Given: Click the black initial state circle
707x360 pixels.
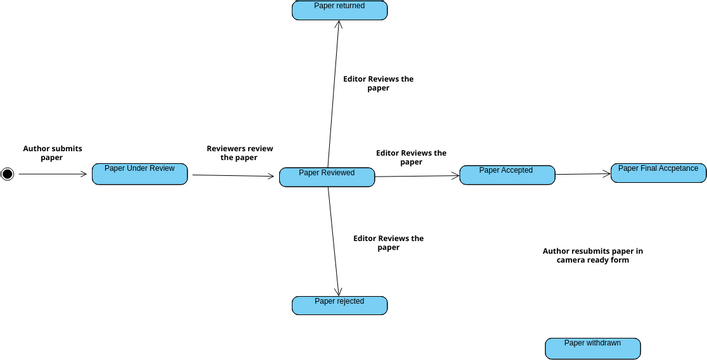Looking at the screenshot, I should click(8, 174).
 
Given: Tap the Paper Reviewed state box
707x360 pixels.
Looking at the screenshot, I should click(327, 177).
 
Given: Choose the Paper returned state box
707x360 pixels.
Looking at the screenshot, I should click(339, 10).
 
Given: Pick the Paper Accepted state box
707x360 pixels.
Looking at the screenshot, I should click(506, 175).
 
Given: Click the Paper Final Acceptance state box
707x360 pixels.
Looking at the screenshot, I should click(658, 173).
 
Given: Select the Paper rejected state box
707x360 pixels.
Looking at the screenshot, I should click(339, 305).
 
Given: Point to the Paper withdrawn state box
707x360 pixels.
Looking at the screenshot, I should click(592, 348).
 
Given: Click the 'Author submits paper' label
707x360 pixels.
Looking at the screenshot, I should click(52, 153).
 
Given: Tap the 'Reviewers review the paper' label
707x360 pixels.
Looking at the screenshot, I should click(239, 153).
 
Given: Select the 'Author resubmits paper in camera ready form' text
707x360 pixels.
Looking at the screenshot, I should click(592, 256).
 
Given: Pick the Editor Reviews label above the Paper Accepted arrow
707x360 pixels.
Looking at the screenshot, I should click(411, 157).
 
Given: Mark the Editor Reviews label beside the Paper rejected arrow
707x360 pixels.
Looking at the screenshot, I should click(388, 243).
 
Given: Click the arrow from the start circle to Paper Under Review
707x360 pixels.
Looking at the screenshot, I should click(52, 174).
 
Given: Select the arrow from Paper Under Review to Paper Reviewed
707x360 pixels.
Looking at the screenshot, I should click(233, 176).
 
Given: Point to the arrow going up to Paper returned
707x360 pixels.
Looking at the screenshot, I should click(334, 90).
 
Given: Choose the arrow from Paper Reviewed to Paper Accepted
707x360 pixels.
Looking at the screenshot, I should click(417, 176).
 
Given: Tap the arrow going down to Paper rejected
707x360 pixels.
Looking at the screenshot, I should click(333, 240).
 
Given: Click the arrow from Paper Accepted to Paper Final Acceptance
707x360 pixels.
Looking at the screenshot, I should click(583, 174).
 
